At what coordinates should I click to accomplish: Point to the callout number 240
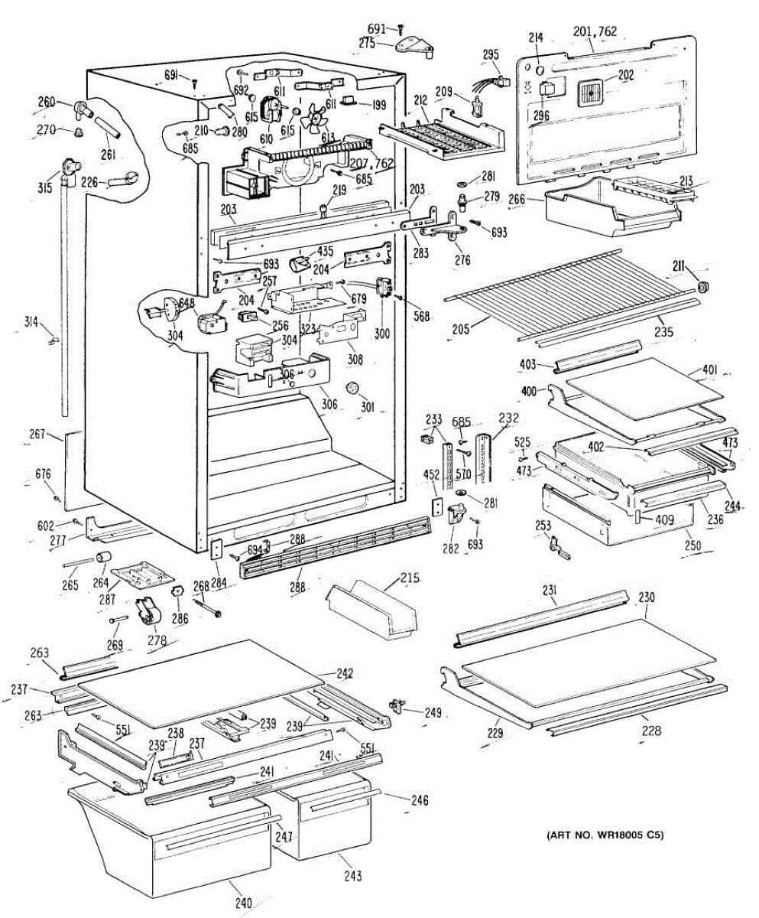point(243,903)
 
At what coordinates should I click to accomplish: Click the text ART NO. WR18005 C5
point(604,835)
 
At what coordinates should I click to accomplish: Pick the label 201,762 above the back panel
point(594,31)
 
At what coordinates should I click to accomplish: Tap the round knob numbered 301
point(353,388)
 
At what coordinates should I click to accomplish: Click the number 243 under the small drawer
point(353,876)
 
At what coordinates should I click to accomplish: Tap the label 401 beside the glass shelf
point(709,371)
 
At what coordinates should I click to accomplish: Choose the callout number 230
point(647,597)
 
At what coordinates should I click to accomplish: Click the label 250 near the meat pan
point(693,546)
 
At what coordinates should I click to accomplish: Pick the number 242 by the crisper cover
point(345,674)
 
